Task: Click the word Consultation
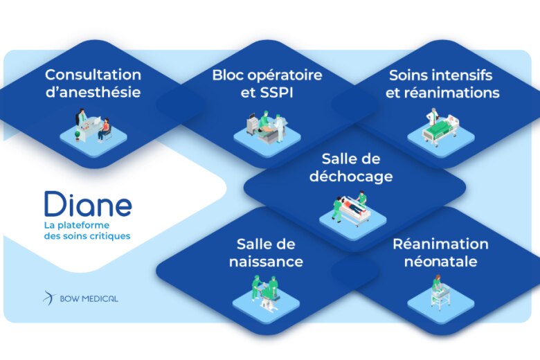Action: [93, 75]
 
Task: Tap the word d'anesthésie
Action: [93, 92]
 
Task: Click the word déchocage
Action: [351, 176]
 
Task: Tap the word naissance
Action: [267, 261]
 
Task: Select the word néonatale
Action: [441, 261]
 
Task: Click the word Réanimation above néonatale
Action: [441, 244]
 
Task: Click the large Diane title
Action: [88, 204]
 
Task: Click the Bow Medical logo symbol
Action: [49, 298]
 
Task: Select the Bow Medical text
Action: [89, 298]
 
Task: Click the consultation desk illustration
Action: [93, 125]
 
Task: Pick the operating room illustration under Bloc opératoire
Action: [267, 127]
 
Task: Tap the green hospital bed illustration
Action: [441, 127]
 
